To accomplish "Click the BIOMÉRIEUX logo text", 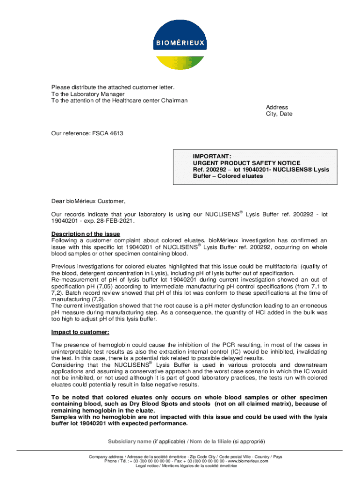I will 180,44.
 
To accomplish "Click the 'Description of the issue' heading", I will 86,234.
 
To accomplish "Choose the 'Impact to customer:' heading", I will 80,332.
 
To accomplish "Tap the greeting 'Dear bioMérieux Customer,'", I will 88,202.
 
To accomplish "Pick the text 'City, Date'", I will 279,114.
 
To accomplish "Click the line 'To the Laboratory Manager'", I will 88,94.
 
